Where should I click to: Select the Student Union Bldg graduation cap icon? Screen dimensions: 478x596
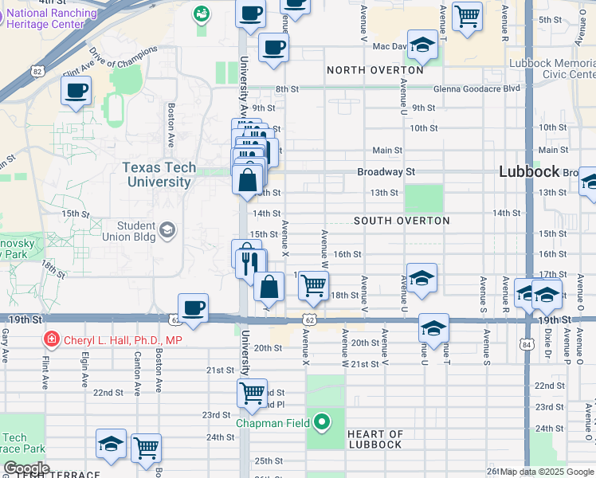click(x=167, y=231)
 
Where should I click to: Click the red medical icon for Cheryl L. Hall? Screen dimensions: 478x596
click(x=52, y=339)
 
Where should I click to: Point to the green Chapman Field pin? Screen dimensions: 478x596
click(x=322, y=422)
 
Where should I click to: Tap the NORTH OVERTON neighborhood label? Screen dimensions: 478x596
click(x=374, y=71)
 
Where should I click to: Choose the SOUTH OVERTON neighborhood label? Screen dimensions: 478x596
click(x=402, y=221)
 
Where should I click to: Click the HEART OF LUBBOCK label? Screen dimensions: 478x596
click(x=374, y=440)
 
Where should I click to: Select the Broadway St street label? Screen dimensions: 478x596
click(x=386, y=171)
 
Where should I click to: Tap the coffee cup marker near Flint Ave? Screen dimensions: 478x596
click(x=76, y=91)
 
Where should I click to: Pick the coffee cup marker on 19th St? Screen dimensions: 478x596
click(x=194, y=308)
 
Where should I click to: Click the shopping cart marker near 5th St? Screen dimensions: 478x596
click(x=467, y=14)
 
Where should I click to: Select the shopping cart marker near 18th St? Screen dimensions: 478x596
click(x=314, y=284)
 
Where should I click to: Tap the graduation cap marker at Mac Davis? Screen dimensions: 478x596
click(x=422, y=45)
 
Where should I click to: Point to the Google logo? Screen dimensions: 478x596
click(x=26, y=468)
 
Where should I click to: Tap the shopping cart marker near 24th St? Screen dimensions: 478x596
click(x=146, y=449)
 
